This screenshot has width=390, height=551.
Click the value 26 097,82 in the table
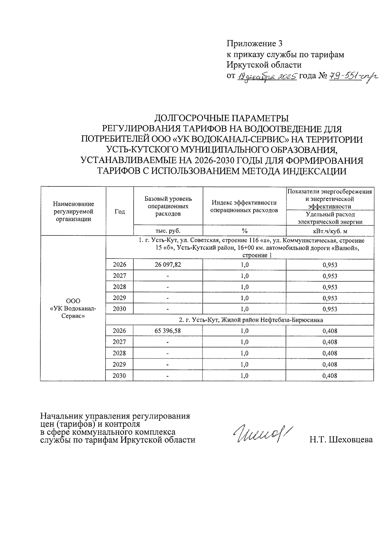pyautogui.click(x=168, y=265)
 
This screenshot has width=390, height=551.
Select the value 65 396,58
pyautogui.click(x=168, y=331)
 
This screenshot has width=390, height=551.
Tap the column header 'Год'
pyautogui.click(x=120, y=212)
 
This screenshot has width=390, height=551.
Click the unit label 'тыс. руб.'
pyautogui.click(x=168, y=231)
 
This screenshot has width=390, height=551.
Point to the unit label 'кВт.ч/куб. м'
pyautogui.click(x=330, y=231)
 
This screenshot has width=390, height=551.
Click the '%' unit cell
pyautogui.click(x=244, y=231)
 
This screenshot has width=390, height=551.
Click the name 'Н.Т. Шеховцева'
pyautogui.click(x=341, y=440)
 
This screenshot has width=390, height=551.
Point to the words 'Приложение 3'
pyautogui.click(x=253, y=44)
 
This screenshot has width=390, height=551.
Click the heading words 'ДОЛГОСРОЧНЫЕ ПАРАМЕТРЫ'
pyautogui.click(x=222, y=118)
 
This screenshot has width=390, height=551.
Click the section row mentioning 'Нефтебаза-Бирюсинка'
pyautogui.click(x=251, y=320)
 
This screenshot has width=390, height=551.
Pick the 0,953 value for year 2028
pyautogui.click(x=330, y=287)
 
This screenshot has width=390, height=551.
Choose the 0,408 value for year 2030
pyautogui.click(x=330, y=376)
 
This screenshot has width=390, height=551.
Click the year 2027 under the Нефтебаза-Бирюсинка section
pyautogui.click(x=119, y=342)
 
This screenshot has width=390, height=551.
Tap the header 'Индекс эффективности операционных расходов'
pyautogui.click(x=244, y=207)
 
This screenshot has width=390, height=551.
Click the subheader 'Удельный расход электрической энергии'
pyautogui.click(x=330, y=218)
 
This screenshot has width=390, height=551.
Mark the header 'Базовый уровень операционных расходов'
pyautogui.click(x=168, y=206)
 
